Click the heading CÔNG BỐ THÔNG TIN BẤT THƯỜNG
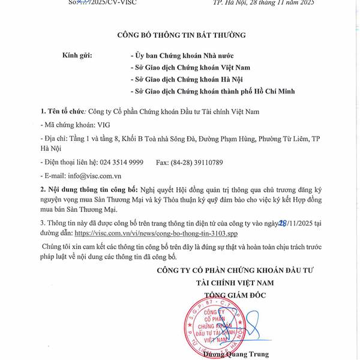click(x=181, y=35)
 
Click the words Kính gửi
click(x=77, y=55)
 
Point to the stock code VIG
click(x=103, y=125)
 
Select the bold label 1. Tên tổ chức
click(x=62, y=112)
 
